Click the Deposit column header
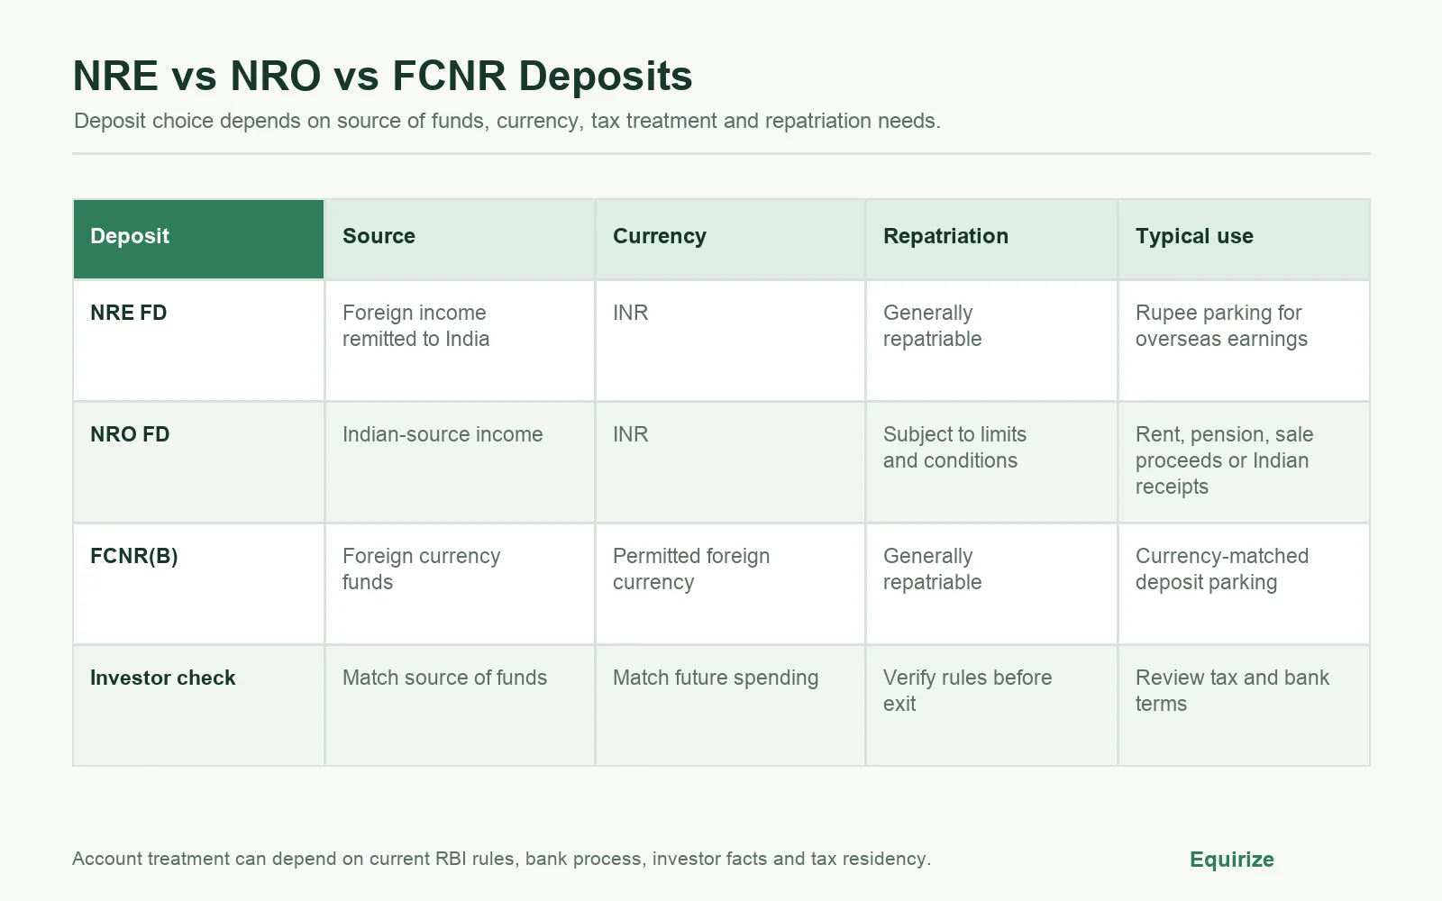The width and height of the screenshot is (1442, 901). tap(130, 236)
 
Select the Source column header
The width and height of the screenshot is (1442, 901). tap(379, 236)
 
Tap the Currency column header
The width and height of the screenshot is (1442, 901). tap(659, 236)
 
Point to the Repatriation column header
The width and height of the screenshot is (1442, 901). tap(945, 236)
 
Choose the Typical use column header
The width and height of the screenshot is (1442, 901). tap(1194, 236)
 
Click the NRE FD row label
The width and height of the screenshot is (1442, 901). tap(129, 313)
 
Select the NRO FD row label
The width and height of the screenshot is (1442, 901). tap(130, 434)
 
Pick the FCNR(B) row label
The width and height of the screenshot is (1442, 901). tap(134, 556)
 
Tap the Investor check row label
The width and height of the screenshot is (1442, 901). tap(163, 678)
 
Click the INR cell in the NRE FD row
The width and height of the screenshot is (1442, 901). tap(630, 313)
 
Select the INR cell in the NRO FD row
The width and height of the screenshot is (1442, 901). tap(630, 434)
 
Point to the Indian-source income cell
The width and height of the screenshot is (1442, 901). tap(443, 434)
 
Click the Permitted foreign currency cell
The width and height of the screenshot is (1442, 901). tap(691, 569)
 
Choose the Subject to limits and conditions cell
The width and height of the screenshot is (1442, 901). tap(954, 447)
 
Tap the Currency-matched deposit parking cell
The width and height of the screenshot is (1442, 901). tap(1222, 569)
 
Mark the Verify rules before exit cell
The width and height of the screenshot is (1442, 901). tap(968, 690)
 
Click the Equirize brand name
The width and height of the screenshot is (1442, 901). tap(1231, 860)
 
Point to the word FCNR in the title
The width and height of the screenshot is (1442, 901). tap(449, 76)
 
